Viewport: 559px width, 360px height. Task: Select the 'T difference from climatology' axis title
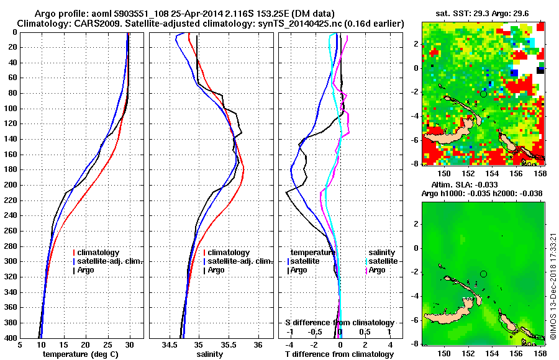pyautogui.click(x=339, y=354)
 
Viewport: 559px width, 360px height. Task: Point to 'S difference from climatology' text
pyautogui.click(x=339, y=323)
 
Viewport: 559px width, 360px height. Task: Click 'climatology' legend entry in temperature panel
pyautogui.click(x=99, y=253)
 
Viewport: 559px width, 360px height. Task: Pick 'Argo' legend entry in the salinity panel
pyautogui.click(x=216, y=270)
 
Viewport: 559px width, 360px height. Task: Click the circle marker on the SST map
pyautogui.click(x=483, y=94)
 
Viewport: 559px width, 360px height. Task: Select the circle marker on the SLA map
pyautogui.click(x=483, y=274)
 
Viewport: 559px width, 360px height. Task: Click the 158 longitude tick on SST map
pyautogui.click(x=540, y=173)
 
